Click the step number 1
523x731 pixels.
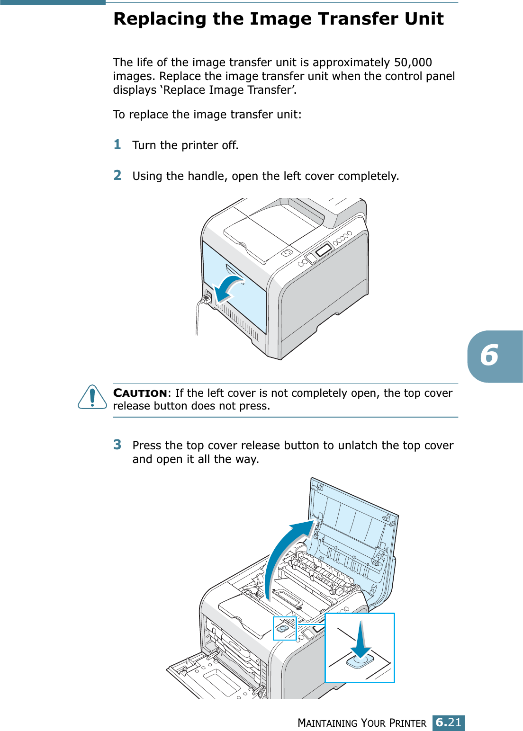click(x=117, y=144)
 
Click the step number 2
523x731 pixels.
click(x=117, y=175)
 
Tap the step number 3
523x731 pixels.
click(x=117, y=445)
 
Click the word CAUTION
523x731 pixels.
click(x=140, y=393)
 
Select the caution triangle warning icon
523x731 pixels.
click(x=92, y=397)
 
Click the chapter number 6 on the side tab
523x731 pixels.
click(x=490, y=356)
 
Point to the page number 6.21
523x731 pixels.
click(x=448, y=722)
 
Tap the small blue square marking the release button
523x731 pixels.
click(x=284, y=629)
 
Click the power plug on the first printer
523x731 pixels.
click(x=206, y=298)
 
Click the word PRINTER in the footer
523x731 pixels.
click(x=407, y=723)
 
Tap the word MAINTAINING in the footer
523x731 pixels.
click(x=327, y=723)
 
